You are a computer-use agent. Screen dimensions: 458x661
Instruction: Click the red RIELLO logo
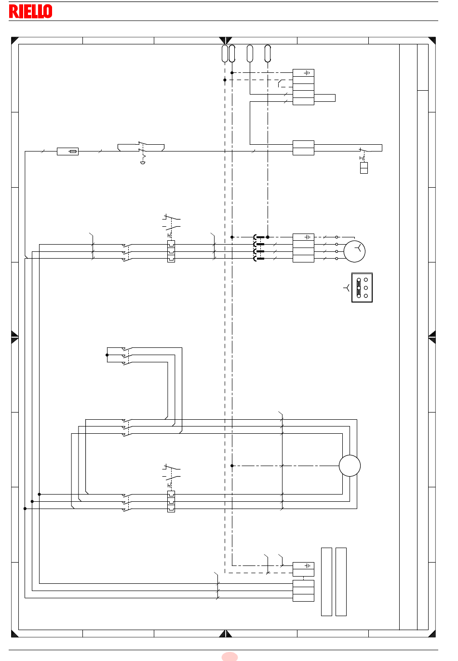tap(31, 11)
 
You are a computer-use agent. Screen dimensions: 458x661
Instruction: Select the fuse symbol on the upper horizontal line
tap(67, 151)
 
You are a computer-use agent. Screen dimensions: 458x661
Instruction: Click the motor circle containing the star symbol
tap(354, 251)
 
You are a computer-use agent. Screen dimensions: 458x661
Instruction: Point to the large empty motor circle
tap(350, 466)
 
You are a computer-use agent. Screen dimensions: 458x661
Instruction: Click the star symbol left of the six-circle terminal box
tap(347, 288)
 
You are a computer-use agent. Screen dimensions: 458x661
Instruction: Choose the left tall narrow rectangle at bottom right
tap(326, 581)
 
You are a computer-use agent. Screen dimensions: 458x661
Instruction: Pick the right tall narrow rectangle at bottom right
tap(341, 581)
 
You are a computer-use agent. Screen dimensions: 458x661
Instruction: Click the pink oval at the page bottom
tap(229, 657)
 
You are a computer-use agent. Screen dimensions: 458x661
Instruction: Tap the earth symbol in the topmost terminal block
tap(307, 72)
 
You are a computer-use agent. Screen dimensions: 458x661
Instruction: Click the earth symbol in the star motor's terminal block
tap(307, 237)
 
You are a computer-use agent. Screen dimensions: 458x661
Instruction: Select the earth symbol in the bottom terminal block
tap(307, 565)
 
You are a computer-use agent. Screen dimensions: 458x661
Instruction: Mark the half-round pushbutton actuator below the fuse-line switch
tap(143, 163)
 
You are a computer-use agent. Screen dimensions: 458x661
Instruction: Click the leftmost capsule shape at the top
tap(225, 54)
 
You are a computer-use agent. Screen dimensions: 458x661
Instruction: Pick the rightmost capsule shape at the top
tap(268, 54)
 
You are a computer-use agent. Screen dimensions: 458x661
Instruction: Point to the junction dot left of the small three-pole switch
tap(107, 355)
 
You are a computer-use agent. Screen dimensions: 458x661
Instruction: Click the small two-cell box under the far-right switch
tap(364, 168)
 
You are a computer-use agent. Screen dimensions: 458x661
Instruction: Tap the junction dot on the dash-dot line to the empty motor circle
tap(232, 466)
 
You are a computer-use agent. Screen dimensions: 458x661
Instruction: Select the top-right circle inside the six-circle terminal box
tap(366, 280)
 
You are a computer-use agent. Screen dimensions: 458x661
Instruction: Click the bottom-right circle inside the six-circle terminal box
tap(366, 296)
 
